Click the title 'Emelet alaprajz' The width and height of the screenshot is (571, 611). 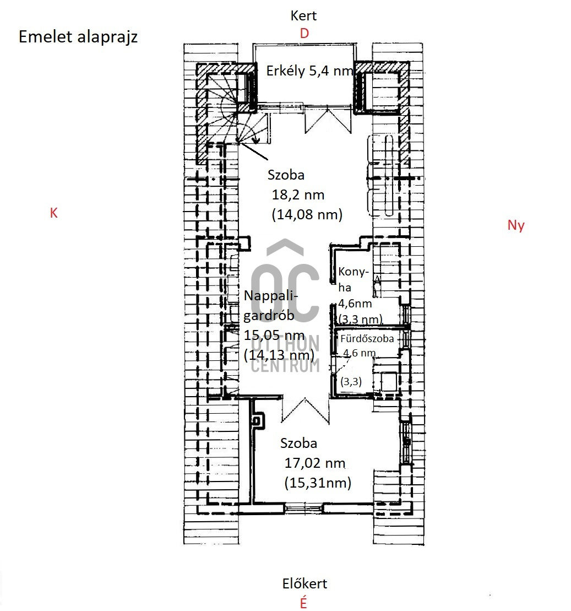pyautogui.click(x=78, y=37)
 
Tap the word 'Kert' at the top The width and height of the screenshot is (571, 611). pyautogui.click(x=303, y=15)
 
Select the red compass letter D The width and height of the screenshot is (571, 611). pyautogui.click(x=304, y=34)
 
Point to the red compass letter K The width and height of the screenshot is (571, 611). pyautogui.click(x=54, y=213)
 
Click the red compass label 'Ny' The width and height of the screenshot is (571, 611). pyautogui.click(x=516, y=226)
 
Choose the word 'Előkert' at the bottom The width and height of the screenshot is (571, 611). pyautogui.click(x=304, y=583)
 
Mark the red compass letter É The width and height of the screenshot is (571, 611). pyautogui.click(x=303, y=602)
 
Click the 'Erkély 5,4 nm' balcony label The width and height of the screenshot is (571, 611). pyautogui.click(x=309, y=71)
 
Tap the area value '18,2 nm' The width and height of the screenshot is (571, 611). pyautogui.click(x=298, y=194)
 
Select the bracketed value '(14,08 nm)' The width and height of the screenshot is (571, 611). pyautogui.click(x=307, y=214)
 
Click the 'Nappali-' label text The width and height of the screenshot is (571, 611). pyautogui.click(x=271, y=296)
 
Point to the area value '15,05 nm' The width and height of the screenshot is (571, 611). pyautogui.click(x=274, y=335)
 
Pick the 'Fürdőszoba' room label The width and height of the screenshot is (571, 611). pyautogui.click(x=367, y=339)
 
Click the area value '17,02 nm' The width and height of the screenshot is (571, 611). pyautogui.click(x=315, y=463)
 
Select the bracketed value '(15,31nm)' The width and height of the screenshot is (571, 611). pyautogui.click(x=318, y=483)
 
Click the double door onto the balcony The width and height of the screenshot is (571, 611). pyautogui.click(x=328, y=120)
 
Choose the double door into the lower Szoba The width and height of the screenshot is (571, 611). pyautogui.click(x=306, y=410)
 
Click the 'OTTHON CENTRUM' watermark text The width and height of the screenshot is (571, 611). pyautogui.click(x=285, y=354)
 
